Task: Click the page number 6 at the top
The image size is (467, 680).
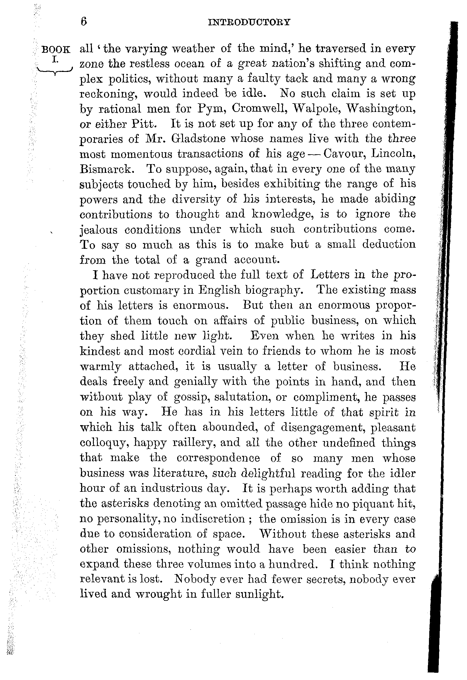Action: click(84, 22)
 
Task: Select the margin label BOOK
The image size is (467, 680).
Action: click(56, 50)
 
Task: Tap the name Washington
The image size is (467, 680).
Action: click(381, 109)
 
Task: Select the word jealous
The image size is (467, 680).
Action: click(98, 230)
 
